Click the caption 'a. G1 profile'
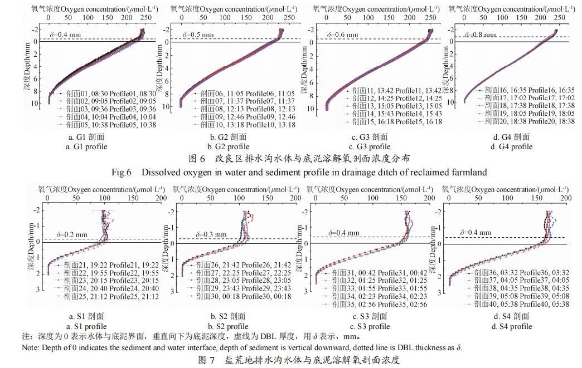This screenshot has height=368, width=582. pos(86,147)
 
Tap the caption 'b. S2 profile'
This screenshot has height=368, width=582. pos(229,327)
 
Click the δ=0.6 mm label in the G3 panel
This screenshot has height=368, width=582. pos(343,35)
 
